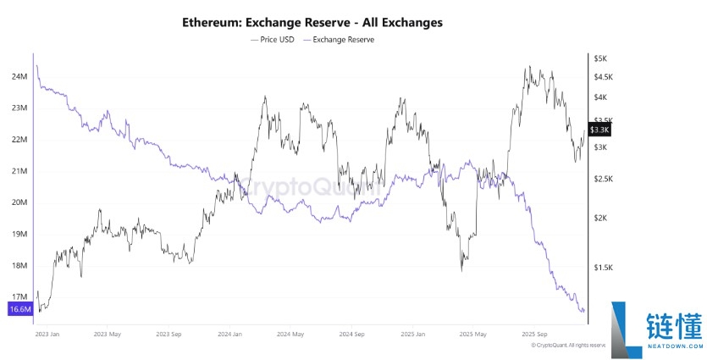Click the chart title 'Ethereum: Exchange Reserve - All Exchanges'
click(312, 21)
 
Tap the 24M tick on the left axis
click(19, 77)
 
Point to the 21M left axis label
click(19, 171)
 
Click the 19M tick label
click(19, 234)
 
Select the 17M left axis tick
click(19, 296)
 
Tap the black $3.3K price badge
click(599, 130)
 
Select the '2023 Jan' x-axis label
click(48, 334)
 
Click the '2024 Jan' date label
click(230, 334)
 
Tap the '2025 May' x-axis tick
click(473, 334)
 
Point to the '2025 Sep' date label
click(534, 334)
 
